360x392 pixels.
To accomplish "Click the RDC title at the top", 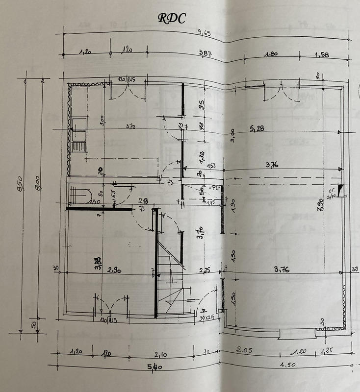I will coord(172,18).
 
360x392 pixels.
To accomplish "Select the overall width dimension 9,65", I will coord(205,33).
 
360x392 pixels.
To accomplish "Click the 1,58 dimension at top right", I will coord(323,55).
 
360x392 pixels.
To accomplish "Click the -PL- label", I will coord(215,188).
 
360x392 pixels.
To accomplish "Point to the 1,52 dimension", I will coord(211,166).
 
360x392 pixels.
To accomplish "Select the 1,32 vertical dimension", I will coord(202,158).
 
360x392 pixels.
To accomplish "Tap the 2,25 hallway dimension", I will coord(205,269).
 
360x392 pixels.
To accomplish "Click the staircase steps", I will coord(169,274).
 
